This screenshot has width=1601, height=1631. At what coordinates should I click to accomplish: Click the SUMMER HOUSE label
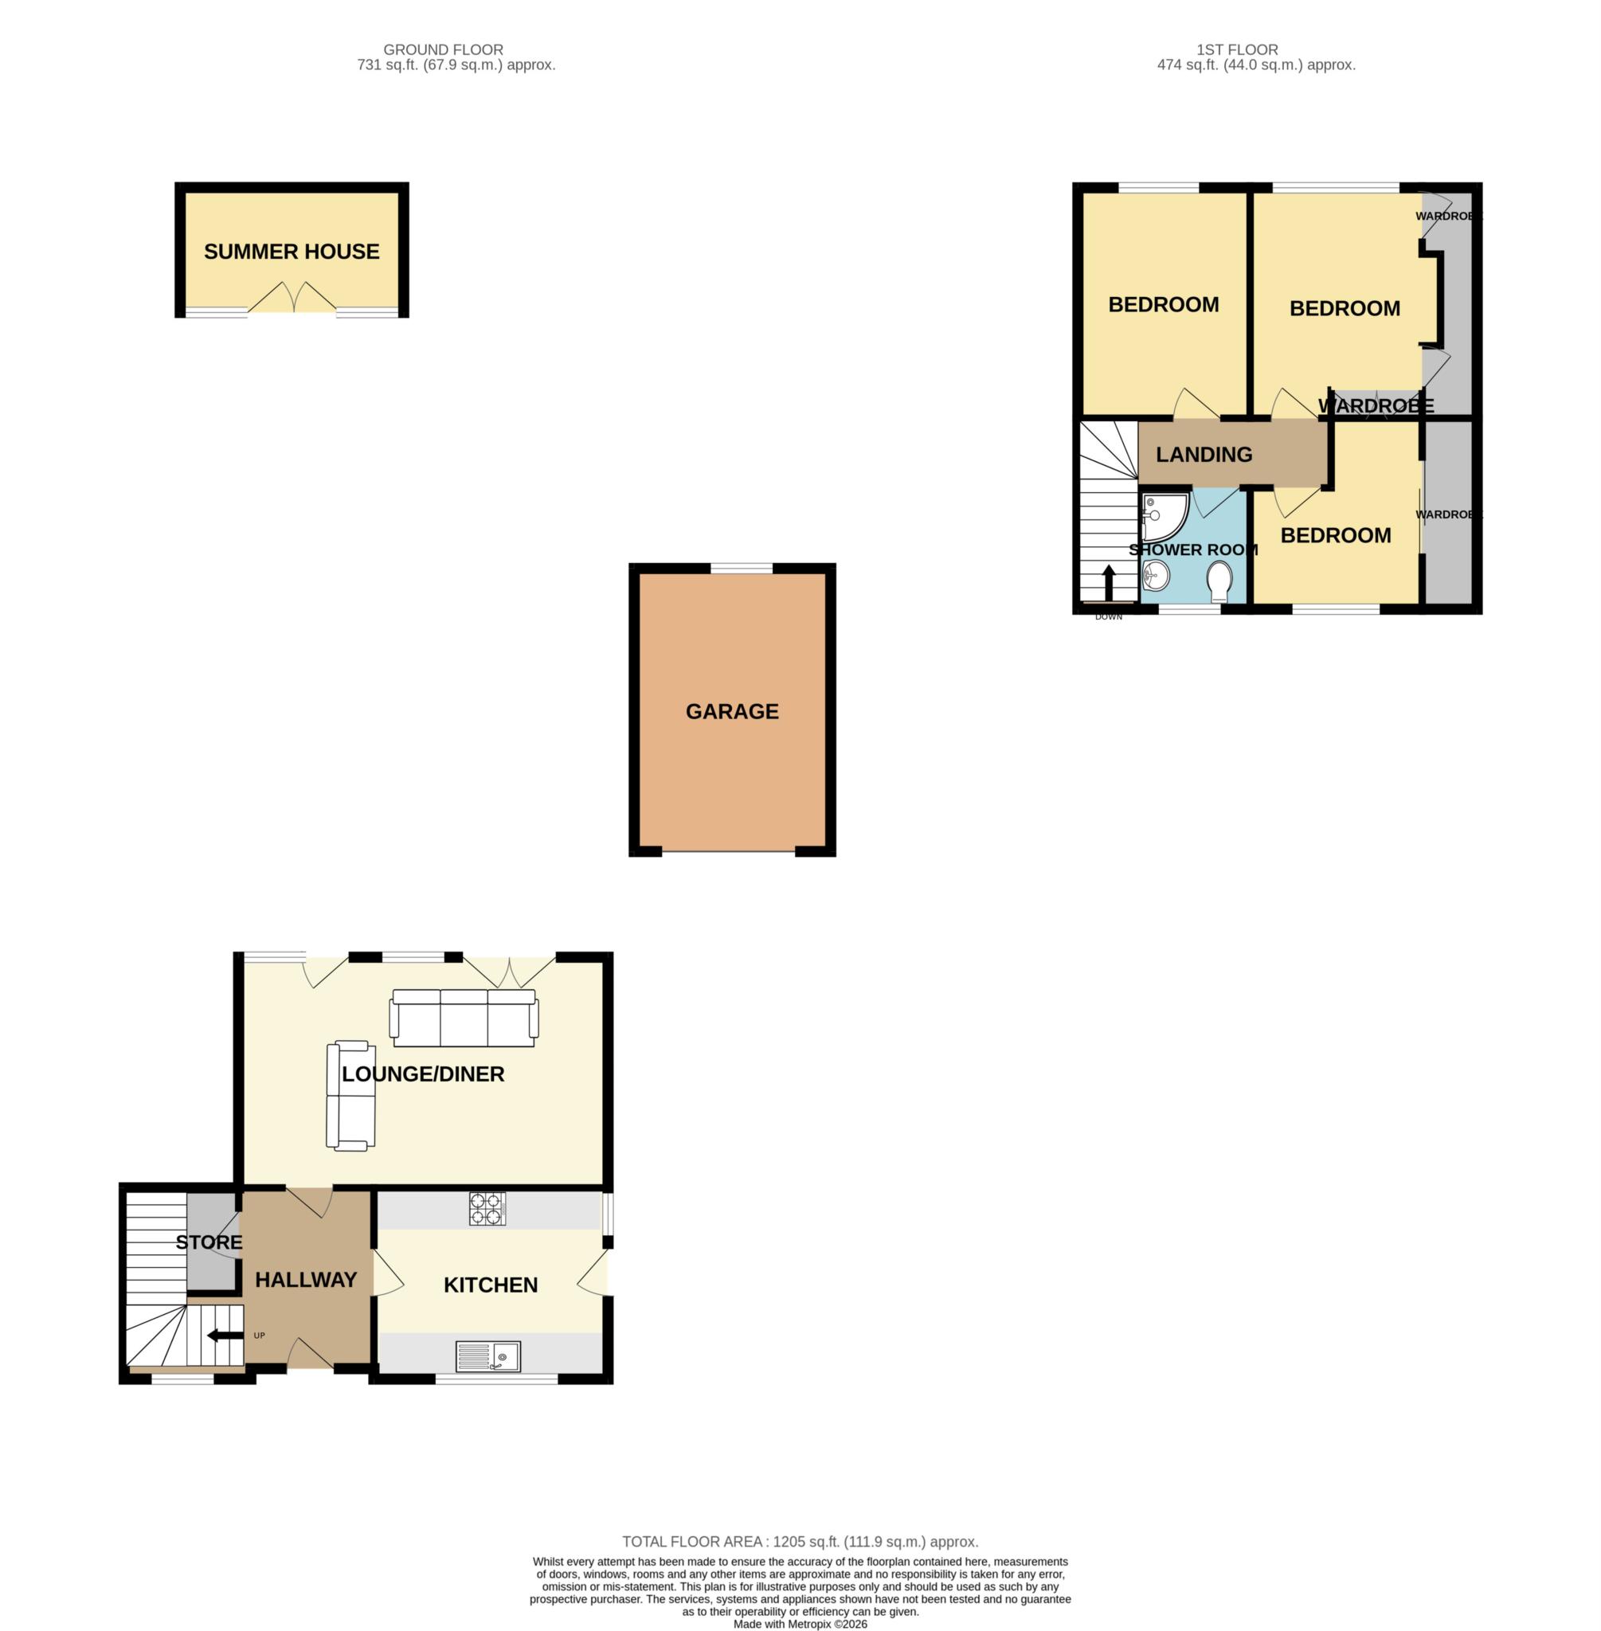pos(292,252)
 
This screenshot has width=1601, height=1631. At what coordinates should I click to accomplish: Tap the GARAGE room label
pos(732,711)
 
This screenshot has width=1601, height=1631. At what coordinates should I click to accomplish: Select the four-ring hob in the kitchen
pos(487,1209)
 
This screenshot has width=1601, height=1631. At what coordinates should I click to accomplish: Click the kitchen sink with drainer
pos(488,1356)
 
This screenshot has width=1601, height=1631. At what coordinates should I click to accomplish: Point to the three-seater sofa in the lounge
pos(464,1018)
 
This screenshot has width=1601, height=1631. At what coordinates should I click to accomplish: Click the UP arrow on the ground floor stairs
pos(222,1335)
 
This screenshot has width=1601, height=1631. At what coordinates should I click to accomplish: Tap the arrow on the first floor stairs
pos(1108,583)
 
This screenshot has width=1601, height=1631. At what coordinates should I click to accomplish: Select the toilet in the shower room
pos(1219,581)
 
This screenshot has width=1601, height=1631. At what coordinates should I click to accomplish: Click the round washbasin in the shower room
pos(1157,576)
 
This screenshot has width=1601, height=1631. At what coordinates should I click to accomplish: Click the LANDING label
pos(1204,455)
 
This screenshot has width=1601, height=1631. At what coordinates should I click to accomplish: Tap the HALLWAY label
pos(306,1280)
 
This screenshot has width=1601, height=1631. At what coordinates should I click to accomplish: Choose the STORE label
pos(209,1242)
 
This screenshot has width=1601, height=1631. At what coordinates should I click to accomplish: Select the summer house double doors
pos(292,298)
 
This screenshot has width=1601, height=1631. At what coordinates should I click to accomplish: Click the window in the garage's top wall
pos(742,569)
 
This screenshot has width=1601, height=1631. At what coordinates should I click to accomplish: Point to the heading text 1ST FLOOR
pos(1237,50)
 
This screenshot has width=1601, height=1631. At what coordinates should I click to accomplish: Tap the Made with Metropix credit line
pos(800,1625)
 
